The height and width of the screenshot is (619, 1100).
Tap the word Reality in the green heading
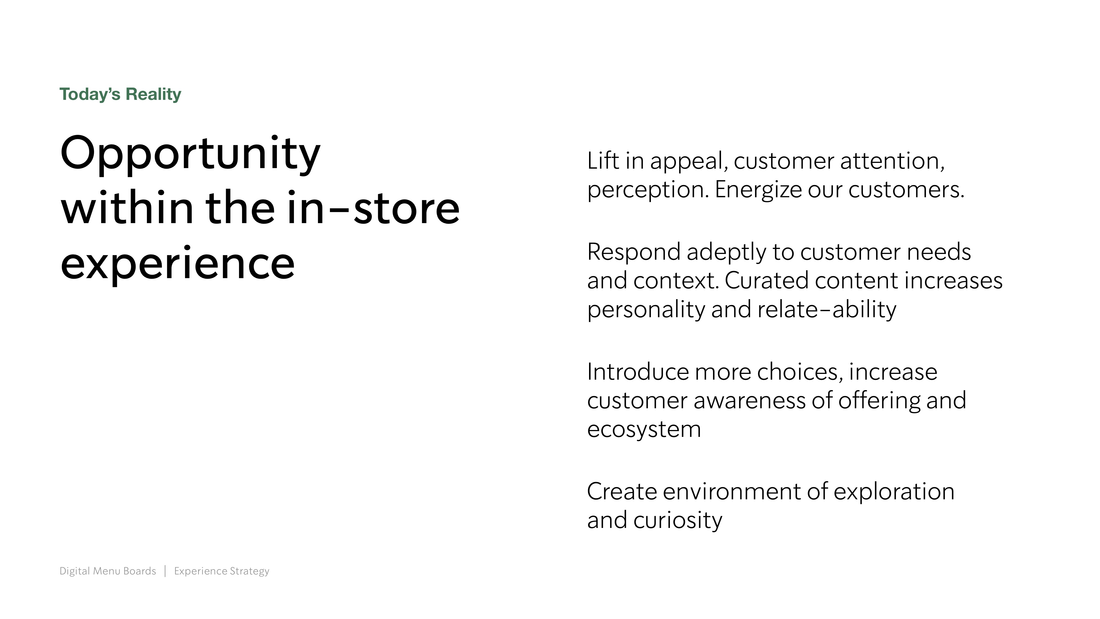153,94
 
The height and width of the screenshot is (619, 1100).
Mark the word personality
647,309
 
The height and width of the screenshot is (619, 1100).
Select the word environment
732,492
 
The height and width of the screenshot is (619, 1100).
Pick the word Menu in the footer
107,571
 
